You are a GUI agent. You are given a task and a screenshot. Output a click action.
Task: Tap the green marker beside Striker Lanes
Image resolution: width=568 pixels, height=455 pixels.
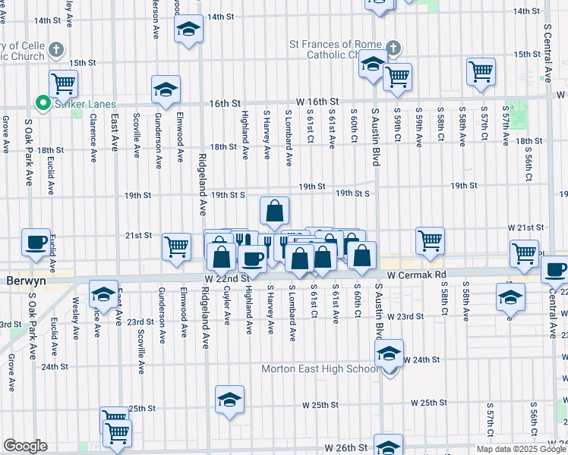43,104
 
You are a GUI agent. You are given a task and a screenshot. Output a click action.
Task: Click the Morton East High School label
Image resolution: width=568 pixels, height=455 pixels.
319,369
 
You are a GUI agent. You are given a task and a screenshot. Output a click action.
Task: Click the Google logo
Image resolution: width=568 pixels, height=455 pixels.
25,446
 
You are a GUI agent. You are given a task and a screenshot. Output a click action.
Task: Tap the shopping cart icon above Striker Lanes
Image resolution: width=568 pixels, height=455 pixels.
64,83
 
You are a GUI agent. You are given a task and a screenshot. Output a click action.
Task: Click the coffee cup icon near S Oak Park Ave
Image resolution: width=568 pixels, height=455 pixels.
36,242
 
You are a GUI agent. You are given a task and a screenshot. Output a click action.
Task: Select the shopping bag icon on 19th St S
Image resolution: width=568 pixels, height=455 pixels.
274,210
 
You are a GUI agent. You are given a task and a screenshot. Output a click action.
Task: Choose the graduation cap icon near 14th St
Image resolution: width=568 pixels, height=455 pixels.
188,30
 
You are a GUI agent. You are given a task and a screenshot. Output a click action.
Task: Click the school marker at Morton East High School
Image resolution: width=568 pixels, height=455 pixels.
389,354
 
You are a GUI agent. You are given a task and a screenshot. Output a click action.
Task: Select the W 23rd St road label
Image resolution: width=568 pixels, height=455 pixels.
405,315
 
